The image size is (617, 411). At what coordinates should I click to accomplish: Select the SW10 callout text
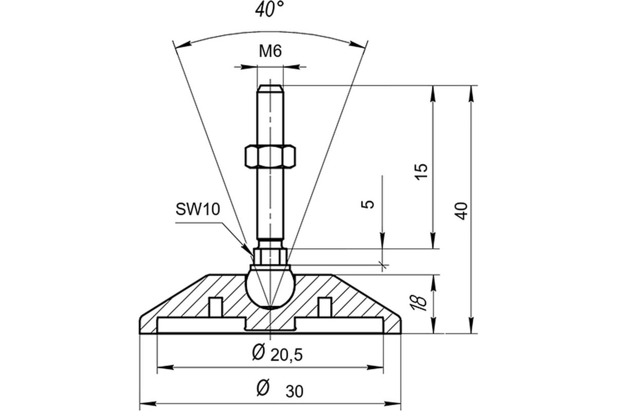coord(198,210)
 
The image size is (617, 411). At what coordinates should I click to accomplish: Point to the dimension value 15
coord(421,171)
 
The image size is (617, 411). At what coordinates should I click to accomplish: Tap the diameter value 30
coord(295,391)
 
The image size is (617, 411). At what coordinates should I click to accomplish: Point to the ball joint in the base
coord(270,287)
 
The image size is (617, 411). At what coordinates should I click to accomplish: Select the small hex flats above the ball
coord(269,256)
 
